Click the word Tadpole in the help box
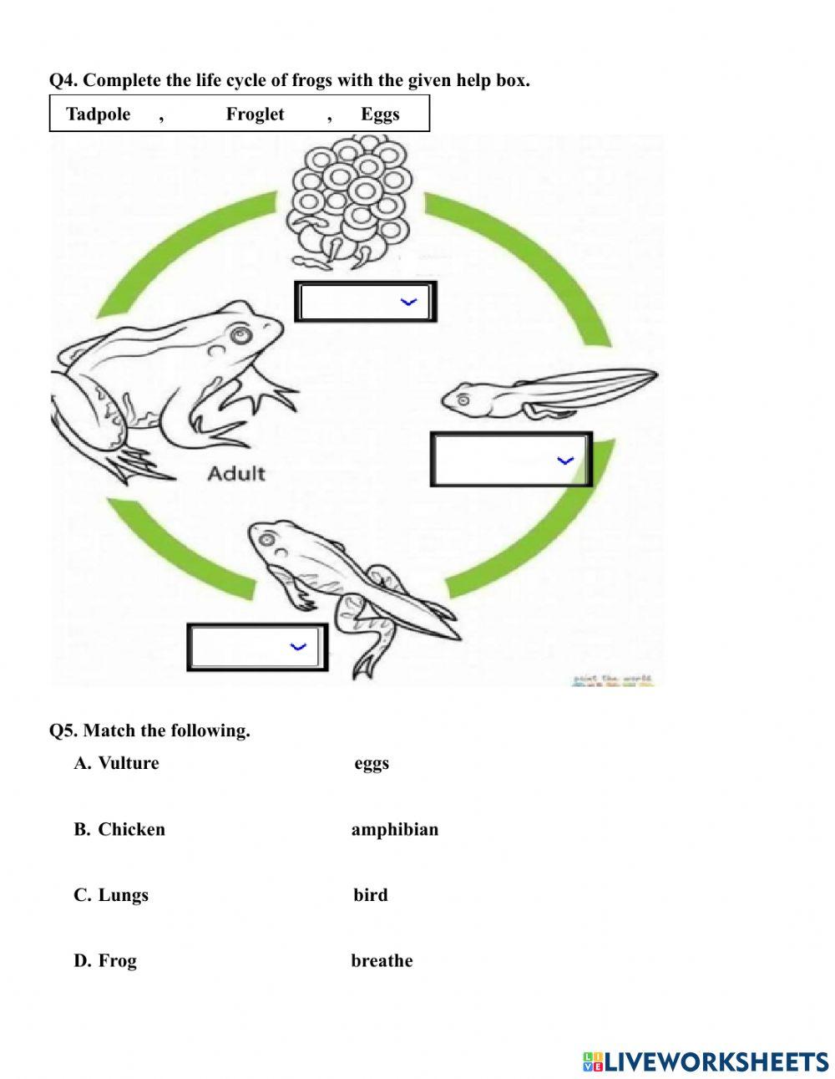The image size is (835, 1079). (98, 115)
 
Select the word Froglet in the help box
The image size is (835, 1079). (255, 115)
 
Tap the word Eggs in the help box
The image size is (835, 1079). (380, 115)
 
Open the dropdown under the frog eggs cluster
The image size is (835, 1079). (365, 302)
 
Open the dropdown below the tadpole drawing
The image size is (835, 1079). (510, 460)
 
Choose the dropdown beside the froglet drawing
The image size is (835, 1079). (256, 646)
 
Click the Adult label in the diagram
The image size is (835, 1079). (235, 474)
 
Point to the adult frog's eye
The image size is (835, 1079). (241, 336)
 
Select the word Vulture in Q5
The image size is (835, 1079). (128, 763)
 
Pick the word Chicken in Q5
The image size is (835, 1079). (131, 830)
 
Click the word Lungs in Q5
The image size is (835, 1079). (123, 895)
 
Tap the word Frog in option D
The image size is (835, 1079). (117, 961)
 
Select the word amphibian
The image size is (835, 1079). (394, 830)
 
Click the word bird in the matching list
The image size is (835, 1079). (370, 895)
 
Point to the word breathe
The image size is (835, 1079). (382, 961)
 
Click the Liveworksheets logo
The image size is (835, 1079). (706, 1061)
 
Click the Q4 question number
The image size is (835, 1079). (63, 81)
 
